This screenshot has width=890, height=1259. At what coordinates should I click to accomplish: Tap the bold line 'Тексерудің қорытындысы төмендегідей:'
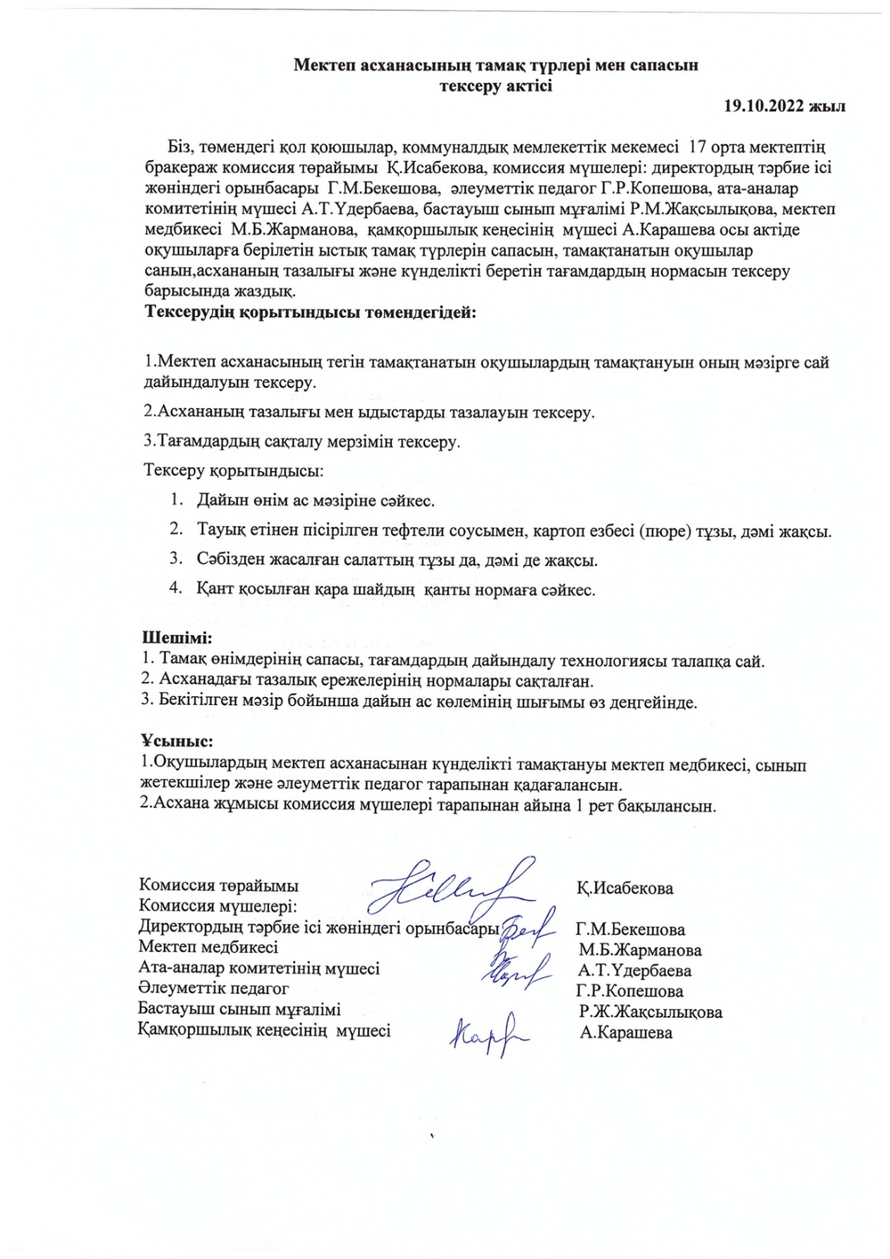[311, 312]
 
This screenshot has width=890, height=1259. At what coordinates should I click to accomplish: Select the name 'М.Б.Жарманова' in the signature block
[640, 950]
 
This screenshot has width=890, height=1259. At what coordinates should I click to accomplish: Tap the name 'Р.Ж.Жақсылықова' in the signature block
[650, 1012]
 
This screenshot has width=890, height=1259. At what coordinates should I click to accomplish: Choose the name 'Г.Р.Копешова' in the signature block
[630, 991]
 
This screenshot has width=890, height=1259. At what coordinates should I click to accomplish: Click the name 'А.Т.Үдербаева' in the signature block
[633, 970]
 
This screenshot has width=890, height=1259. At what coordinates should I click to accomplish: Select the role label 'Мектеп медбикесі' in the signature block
[208, 947]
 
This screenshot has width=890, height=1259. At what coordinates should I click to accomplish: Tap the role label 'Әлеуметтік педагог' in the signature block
[213, 988]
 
